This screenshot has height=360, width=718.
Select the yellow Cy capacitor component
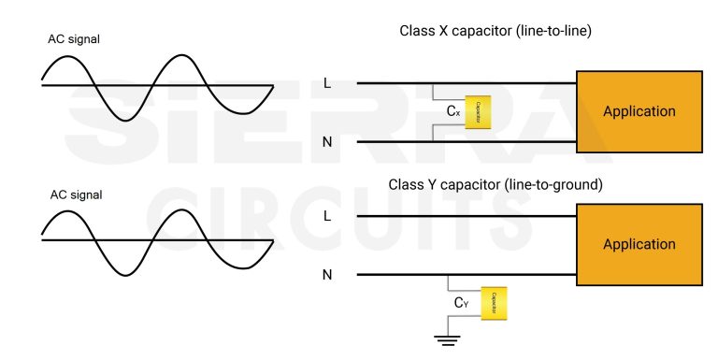point(494,303)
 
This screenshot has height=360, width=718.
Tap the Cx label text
point(453,111)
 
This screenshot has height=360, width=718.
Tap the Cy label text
point(461,303)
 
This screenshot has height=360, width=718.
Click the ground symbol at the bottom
point(449,339)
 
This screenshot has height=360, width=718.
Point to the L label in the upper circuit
point(326,83)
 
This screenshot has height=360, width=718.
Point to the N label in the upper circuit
point(326,142)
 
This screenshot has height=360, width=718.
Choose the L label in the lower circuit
point(326,216)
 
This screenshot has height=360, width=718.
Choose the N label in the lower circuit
point(326,275)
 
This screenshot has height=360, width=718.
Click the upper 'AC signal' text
point(75,40)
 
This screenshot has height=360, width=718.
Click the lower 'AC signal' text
point(75,195)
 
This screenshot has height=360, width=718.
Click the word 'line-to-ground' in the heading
point(553,185)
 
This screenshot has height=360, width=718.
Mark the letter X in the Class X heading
point(444,31)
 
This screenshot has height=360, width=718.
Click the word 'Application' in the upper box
point(639,111)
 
